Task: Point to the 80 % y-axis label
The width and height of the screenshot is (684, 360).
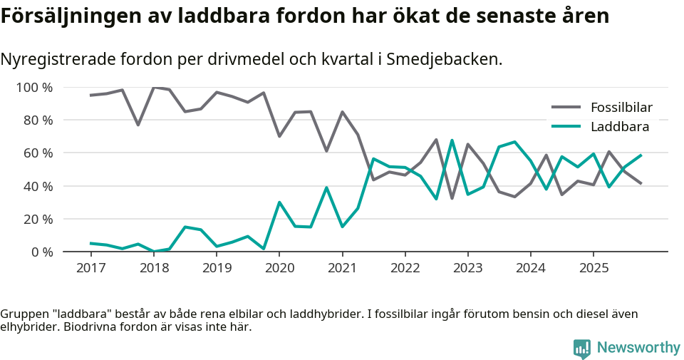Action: [38, 120]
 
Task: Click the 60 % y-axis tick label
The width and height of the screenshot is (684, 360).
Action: [38, 153]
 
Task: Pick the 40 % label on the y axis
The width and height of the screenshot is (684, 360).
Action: [38, 186]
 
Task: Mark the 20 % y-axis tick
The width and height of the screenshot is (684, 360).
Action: [38, 219]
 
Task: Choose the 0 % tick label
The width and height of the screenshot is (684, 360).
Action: [42, 252]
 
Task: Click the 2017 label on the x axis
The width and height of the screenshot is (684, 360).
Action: [91, 268]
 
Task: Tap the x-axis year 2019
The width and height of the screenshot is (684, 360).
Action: [217, 268]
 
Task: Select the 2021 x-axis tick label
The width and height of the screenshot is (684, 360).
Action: [343, 268]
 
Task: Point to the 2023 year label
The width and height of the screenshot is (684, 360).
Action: [468, 268]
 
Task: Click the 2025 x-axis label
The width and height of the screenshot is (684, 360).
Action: [594, 268]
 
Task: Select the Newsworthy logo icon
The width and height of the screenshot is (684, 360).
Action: [582, 348]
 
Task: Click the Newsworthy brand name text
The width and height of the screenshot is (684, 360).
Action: [638, 348]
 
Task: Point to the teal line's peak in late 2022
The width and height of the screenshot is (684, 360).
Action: [452, 140]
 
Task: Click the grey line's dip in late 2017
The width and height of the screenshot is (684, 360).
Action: [138, 125]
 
